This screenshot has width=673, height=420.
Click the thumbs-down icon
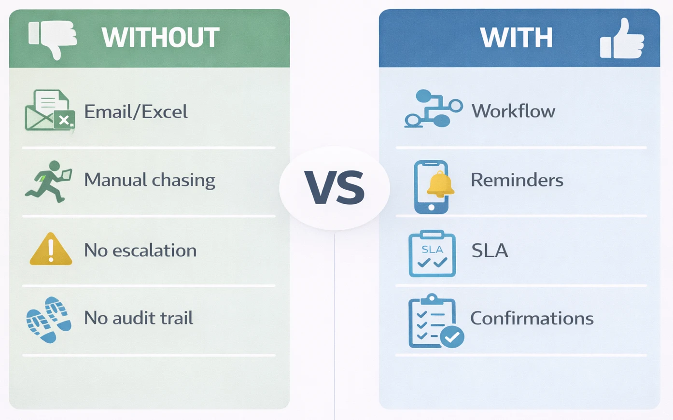53,39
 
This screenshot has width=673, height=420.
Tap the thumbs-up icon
622,39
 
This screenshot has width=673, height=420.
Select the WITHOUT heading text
160,38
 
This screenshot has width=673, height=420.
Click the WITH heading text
516,38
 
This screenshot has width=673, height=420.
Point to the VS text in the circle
334,188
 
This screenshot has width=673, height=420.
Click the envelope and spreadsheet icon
50,111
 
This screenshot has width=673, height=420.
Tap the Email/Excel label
136,112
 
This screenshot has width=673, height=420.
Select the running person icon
49,182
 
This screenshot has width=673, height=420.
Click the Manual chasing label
150,180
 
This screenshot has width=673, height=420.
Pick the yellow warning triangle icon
51,250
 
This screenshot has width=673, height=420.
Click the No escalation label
140,250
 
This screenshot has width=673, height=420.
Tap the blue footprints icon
49,320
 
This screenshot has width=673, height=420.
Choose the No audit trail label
139,318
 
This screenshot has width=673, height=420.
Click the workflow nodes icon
433,109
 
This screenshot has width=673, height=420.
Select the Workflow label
513,112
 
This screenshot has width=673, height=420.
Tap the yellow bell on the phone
440,184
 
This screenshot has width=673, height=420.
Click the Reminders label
517,180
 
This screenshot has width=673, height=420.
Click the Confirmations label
532,318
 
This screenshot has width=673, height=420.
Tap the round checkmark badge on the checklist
452,337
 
